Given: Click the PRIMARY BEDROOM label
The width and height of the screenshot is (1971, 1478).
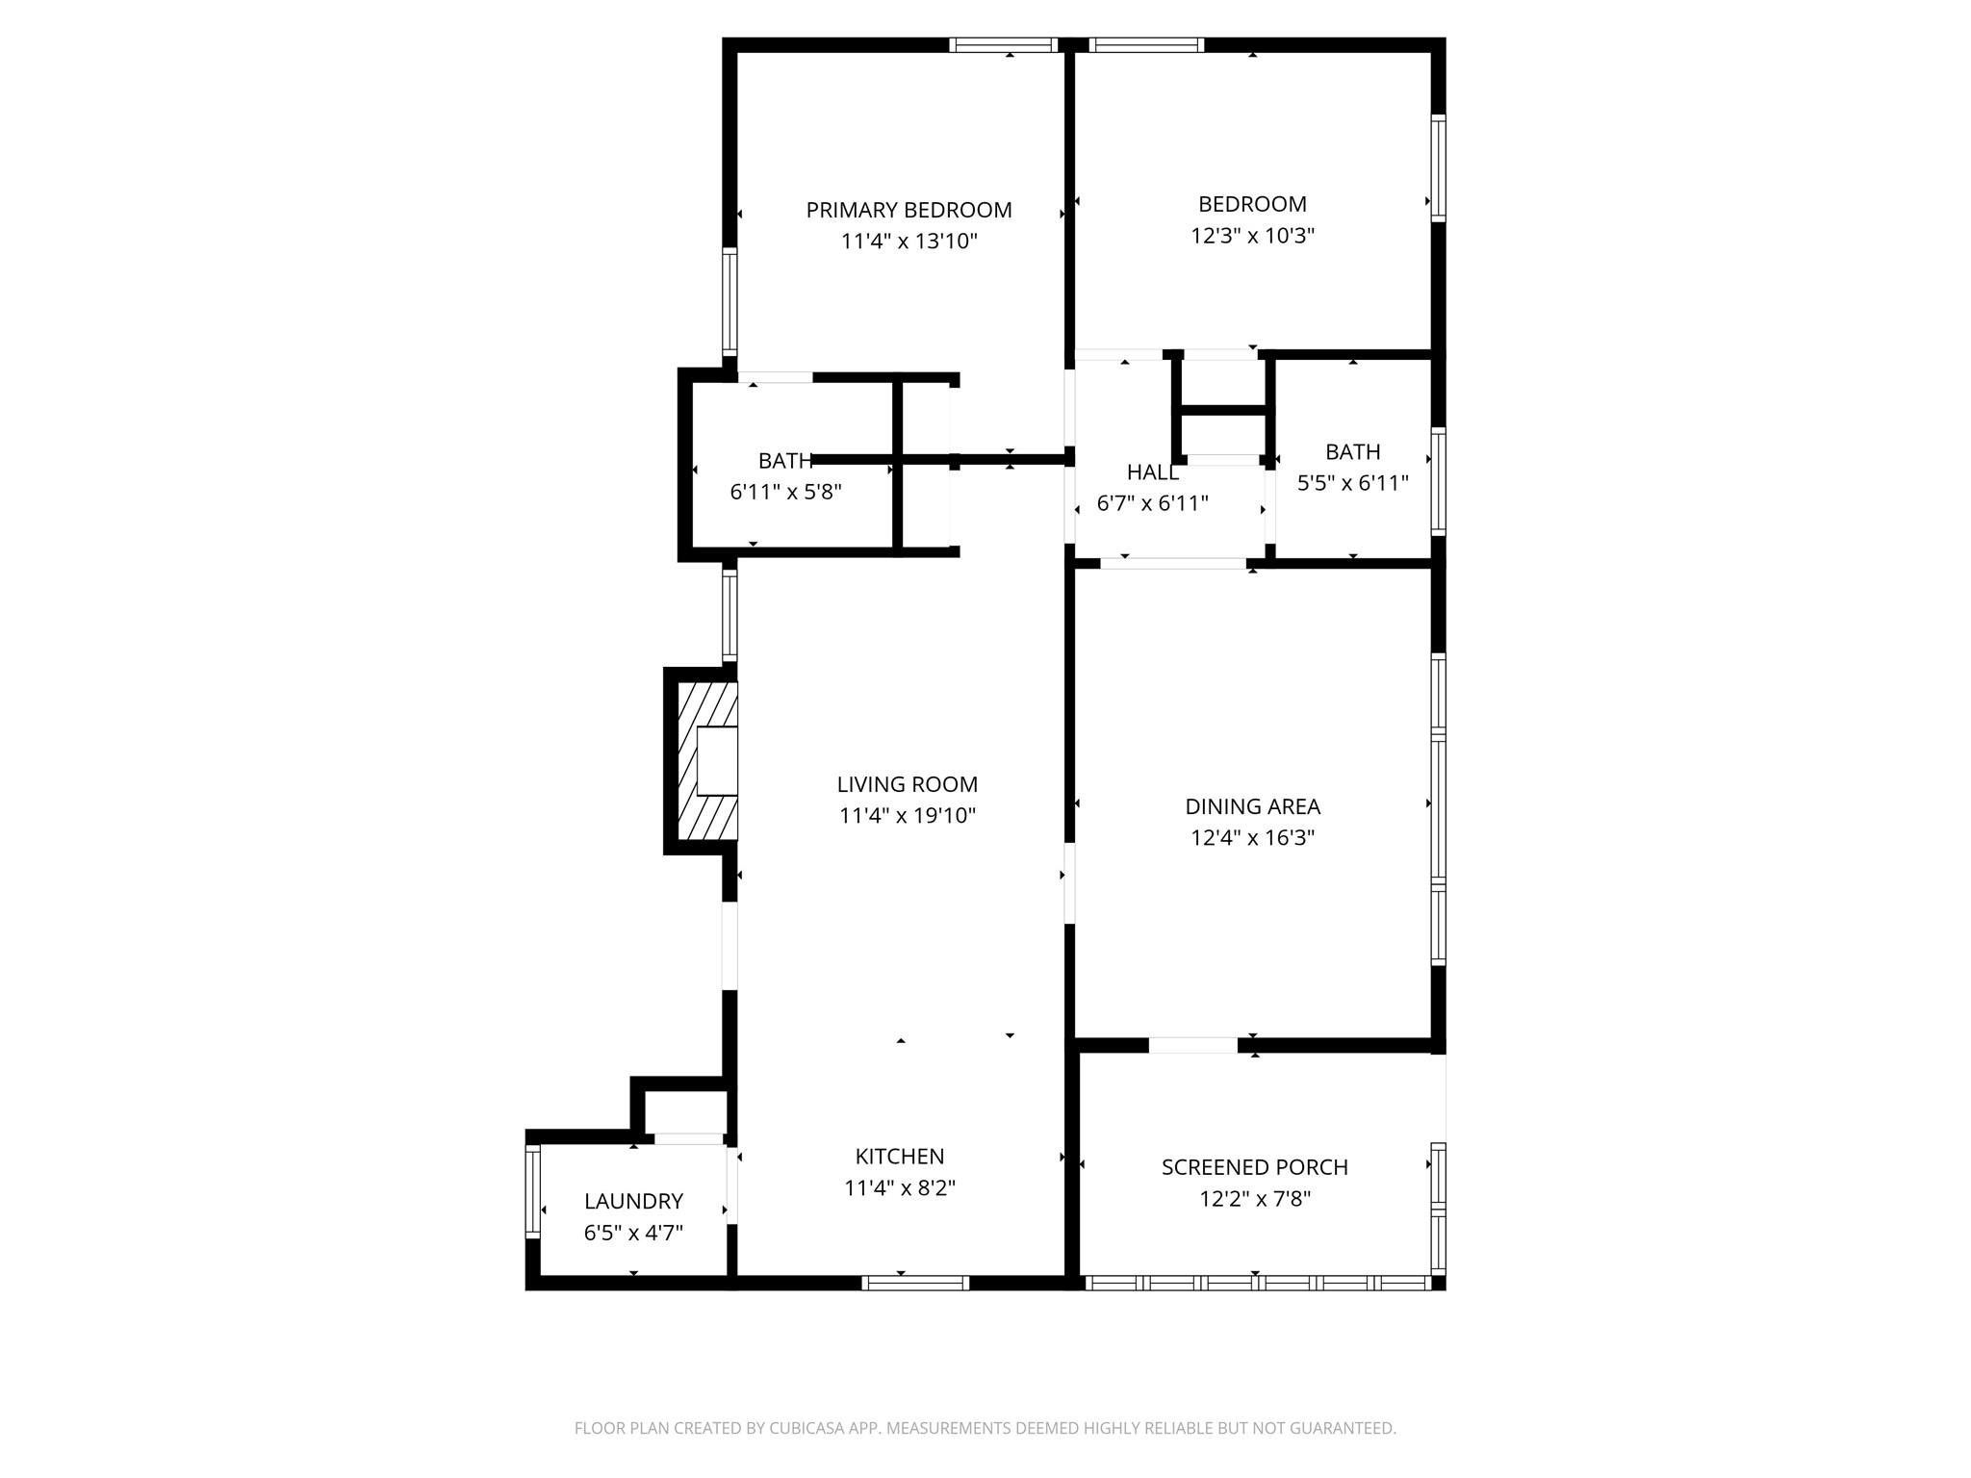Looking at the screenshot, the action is pyautogui.click(x=909, y=210).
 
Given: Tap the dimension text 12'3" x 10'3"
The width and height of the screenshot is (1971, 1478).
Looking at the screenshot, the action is pyautogui.click(x=1252, y=236).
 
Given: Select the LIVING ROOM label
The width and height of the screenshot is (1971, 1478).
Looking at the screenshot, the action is pyautogui.click(x=907, y=784).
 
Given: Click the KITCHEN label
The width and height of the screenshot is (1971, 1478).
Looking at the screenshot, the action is pyautogui.click(x=900, y=1157).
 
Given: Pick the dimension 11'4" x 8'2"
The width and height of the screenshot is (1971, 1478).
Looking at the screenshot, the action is pyautogui.click(x=900, y=1188).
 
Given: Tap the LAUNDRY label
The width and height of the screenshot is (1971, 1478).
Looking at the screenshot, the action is pyautogui.click(x=633, y=1201).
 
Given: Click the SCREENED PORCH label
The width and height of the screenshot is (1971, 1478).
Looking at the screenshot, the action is pyautogui.click(x=1254, y=1167).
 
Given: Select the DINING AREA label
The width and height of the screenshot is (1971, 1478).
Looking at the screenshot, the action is pyautogui.click(x=1252, y=806).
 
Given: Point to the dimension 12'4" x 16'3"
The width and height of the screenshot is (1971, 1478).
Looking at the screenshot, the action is pyautogui.click(x=1252, y=838).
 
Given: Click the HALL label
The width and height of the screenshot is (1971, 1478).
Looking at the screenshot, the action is pyautogui.click(x=1152, y=472).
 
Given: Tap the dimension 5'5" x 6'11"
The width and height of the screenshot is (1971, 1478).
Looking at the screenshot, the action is pyautogui.click(x=1352, y=483).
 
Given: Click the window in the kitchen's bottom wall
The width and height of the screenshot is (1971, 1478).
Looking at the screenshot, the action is pyautogui.click(x=914, y=1283).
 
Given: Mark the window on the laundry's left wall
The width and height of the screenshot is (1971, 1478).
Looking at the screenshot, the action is pyautogui.click(x=532, y=1191).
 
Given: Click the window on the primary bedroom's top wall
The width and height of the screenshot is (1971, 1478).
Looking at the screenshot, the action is pyautogui.click(x=1004, y=44).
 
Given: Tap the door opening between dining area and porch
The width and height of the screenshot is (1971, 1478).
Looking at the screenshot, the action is pyautogui.click(x=1193, y=1045).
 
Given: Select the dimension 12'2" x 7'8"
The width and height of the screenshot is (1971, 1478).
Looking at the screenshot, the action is pyautogui.click(x=1254, y=1199).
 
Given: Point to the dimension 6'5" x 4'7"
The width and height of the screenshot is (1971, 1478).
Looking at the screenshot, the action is pyautogui.click(x=633, y=1233).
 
